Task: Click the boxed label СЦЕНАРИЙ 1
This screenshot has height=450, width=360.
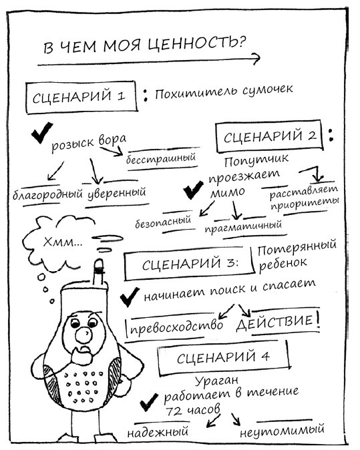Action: [81, 96]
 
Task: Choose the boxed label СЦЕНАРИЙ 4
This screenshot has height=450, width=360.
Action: [223, 357]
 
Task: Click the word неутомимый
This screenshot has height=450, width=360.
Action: [284, 430]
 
